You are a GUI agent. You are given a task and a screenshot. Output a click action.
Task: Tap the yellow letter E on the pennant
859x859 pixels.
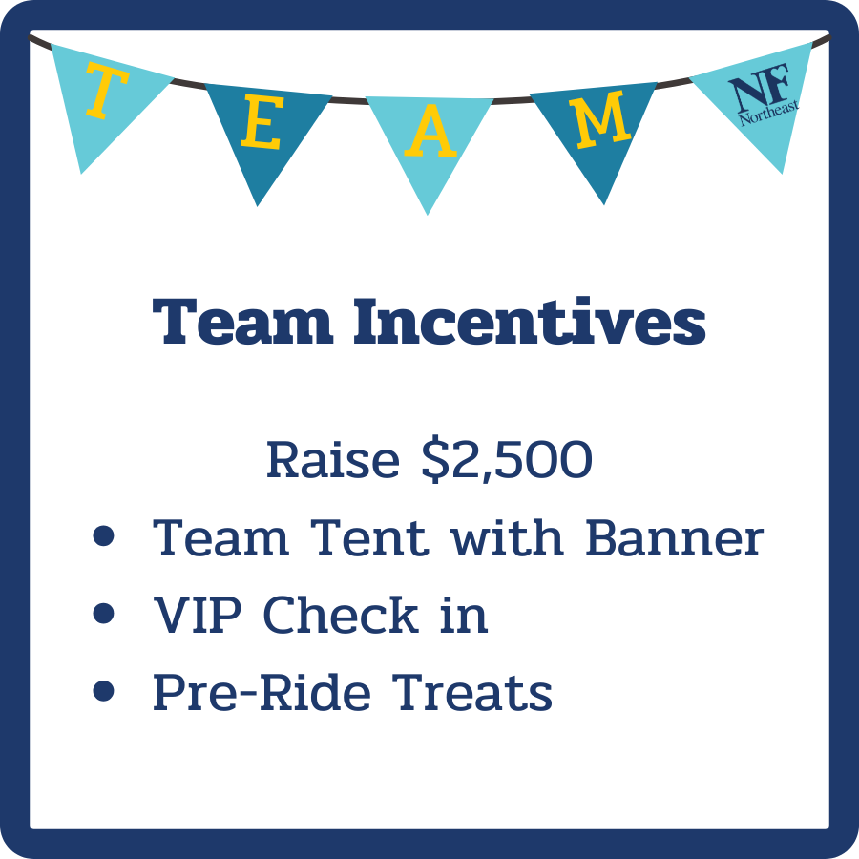(x=260, y=126)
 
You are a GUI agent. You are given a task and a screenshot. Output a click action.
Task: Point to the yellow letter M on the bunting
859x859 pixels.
(x=601, y=120)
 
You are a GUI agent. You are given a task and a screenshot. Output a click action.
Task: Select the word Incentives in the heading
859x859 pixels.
(x=530, y=322)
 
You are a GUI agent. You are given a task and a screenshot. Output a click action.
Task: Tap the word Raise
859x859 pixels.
(x=319, y=461)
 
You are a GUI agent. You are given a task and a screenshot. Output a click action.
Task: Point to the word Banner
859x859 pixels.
(x=674, y=539)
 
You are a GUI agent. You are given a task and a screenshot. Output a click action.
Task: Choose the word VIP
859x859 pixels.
(x=200, y=616)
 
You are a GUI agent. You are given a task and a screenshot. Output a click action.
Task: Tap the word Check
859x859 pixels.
(x=341, y=616)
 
